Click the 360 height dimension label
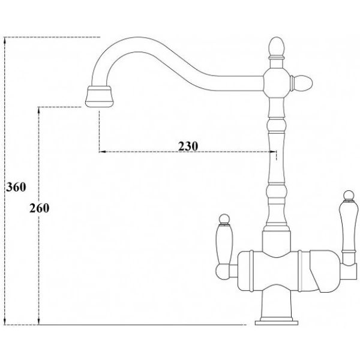(x=15, y=187)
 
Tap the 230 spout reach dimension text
(x=188, y=146)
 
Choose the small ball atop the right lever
(x=347, y=194)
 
